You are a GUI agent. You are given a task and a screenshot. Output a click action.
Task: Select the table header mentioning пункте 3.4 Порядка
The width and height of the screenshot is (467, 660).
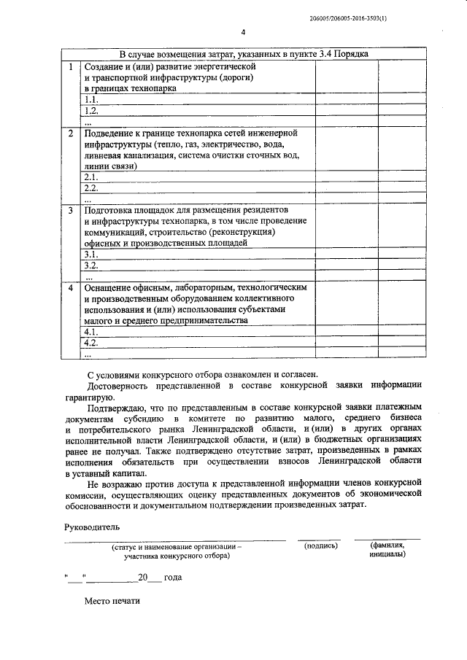click(x=244, y=55)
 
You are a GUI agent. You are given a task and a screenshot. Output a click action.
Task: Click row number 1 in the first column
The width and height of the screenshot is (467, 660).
click(x=70, y=66)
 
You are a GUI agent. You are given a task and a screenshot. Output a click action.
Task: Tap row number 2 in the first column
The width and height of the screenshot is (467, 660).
click(x=70, y=133)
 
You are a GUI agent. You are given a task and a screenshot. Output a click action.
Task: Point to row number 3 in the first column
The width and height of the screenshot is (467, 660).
click(x=70, y=211)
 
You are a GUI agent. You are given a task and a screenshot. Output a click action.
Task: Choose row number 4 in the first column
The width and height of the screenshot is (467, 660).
click(x=70, y=288)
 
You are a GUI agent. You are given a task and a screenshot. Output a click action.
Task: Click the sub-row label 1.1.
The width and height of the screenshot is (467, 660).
click(x=91, y=99)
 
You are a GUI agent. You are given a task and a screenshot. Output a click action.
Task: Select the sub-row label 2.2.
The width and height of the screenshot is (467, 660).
click(x=91, y=187)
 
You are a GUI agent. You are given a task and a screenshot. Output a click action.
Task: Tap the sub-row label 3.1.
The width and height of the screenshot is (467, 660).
click(x=91, y=254)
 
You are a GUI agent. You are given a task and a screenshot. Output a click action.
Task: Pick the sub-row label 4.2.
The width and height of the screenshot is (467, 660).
click(x=91, y=342)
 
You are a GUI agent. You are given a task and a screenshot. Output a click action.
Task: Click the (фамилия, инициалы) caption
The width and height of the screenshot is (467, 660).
click(x=387, y=549)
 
